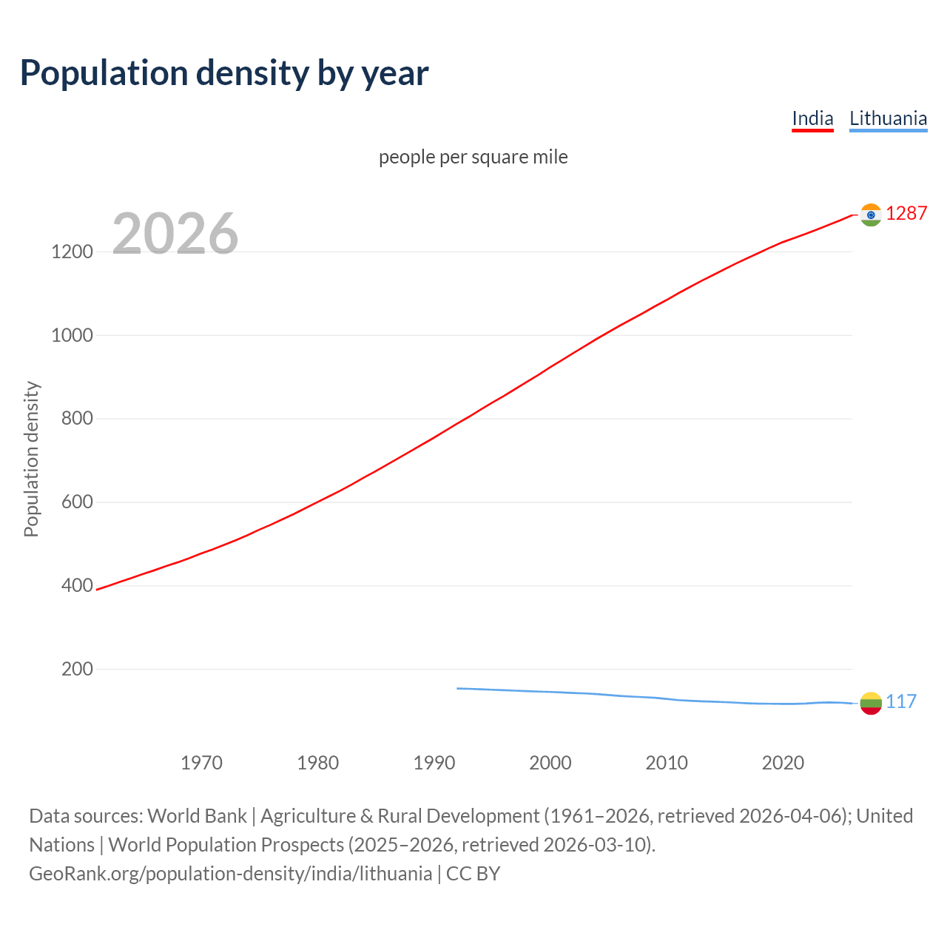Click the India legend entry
click(812, 118)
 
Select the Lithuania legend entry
click(888, 118)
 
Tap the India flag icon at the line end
click(871, 215)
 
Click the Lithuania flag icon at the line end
click(871, 703)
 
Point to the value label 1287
click(906, 213)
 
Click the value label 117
click(901, 701)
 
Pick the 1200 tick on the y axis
click(72, 252)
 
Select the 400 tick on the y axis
click(77, 586)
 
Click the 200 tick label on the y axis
click(77, 670)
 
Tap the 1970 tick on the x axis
click(201, 763)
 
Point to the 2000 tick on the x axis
click(550, 763)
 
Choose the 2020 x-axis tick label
click(783, 763)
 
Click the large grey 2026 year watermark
click(175, 234)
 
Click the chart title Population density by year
click(224, 73)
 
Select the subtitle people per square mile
click(473, 157)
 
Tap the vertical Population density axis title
click(31, 459)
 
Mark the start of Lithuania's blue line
click(458, 688)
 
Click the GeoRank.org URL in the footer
click(230, 874)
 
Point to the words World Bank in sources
click(197, 816)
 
